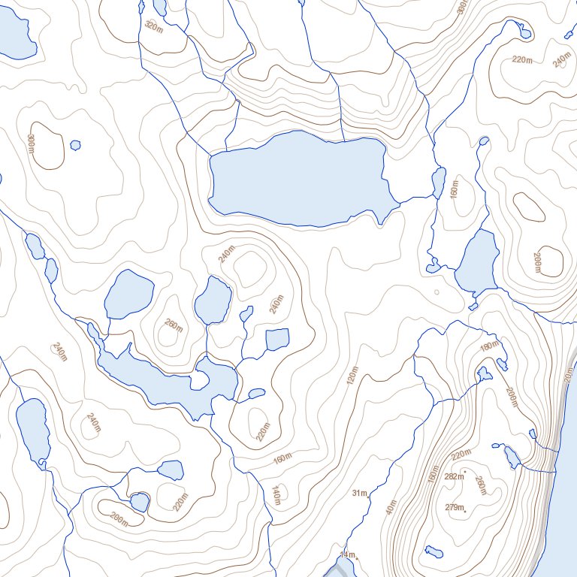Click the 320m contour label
(153, 27)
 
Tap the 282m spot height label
(454, 476)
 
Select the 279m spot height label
(454, 507)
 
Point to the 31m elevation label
(359, 493)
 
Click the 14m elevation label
(346, 554)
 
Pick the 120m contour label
(352, 375)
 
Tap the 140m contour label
(276, 494)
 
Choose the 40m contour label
(390, 507)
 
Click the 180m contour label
(490, 346)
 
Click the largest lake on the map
(301, 179)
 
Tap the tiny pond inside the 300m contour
(74, 144)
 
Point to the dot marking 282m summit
(466, 471)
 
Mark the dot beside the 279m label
(465, 512)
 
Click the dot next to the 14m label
(358, 558)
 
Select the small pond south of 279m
(434, 553)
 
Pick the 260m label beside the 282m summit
(480, 487)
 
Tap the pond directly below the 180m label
(485, 373)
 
